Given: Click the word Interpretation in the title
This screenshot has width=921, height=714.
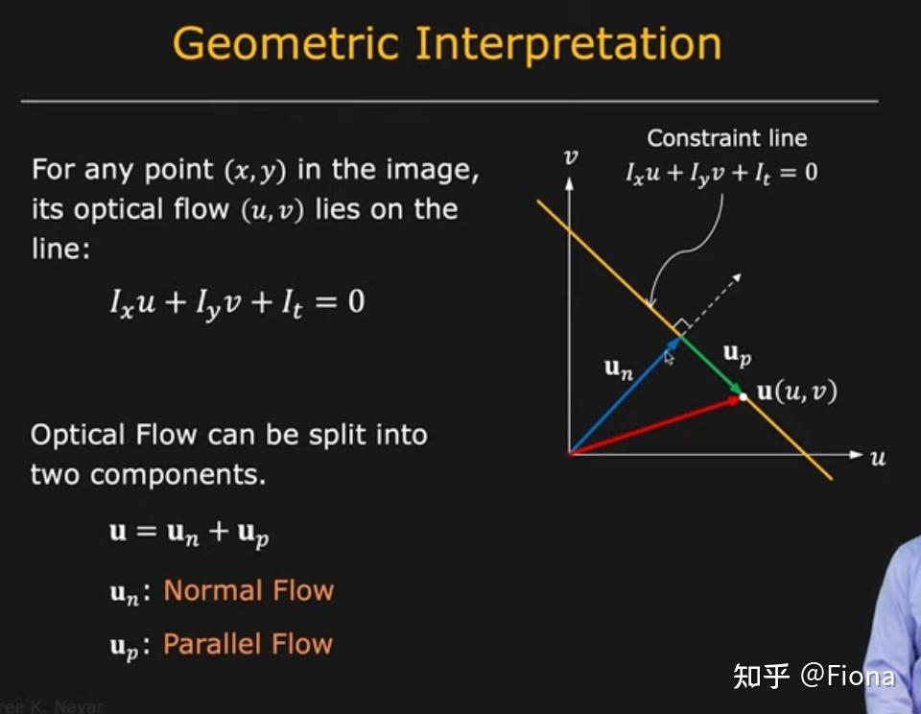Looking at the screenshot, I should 567,44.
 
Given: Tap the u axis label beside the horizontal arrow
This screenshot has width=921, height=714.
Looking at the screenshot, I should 878,458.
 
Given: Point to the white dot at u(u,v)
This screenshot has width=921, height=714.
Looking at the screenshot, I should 744,395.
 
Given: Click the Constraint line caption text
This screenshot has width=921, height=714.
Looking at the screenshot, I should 727,138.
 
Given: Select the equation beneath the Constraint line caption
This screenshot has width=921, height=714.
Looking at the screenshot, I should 721,175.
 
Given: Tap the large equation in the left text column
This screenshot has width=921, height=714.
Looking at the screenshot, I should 237,303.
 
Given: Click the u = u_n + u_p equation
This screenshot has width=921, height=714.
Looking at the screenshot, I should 189,533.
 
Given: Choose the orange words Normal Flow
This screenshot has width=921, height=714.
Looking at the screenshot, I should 248,589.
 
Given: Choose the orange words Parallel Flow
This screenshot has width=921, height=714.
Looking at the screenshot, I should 248,643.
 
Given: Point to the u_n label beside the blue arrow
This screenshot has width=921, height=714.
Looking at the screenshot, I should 619,367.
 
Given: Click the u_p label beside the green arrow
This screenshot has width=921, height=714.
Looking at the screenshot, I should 737,354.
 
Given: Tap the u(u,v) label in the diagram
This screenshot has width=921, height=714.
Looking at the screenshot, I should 797,392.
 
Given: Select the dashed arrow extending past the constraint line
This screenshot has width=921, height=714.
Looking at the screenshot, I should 715,297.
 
